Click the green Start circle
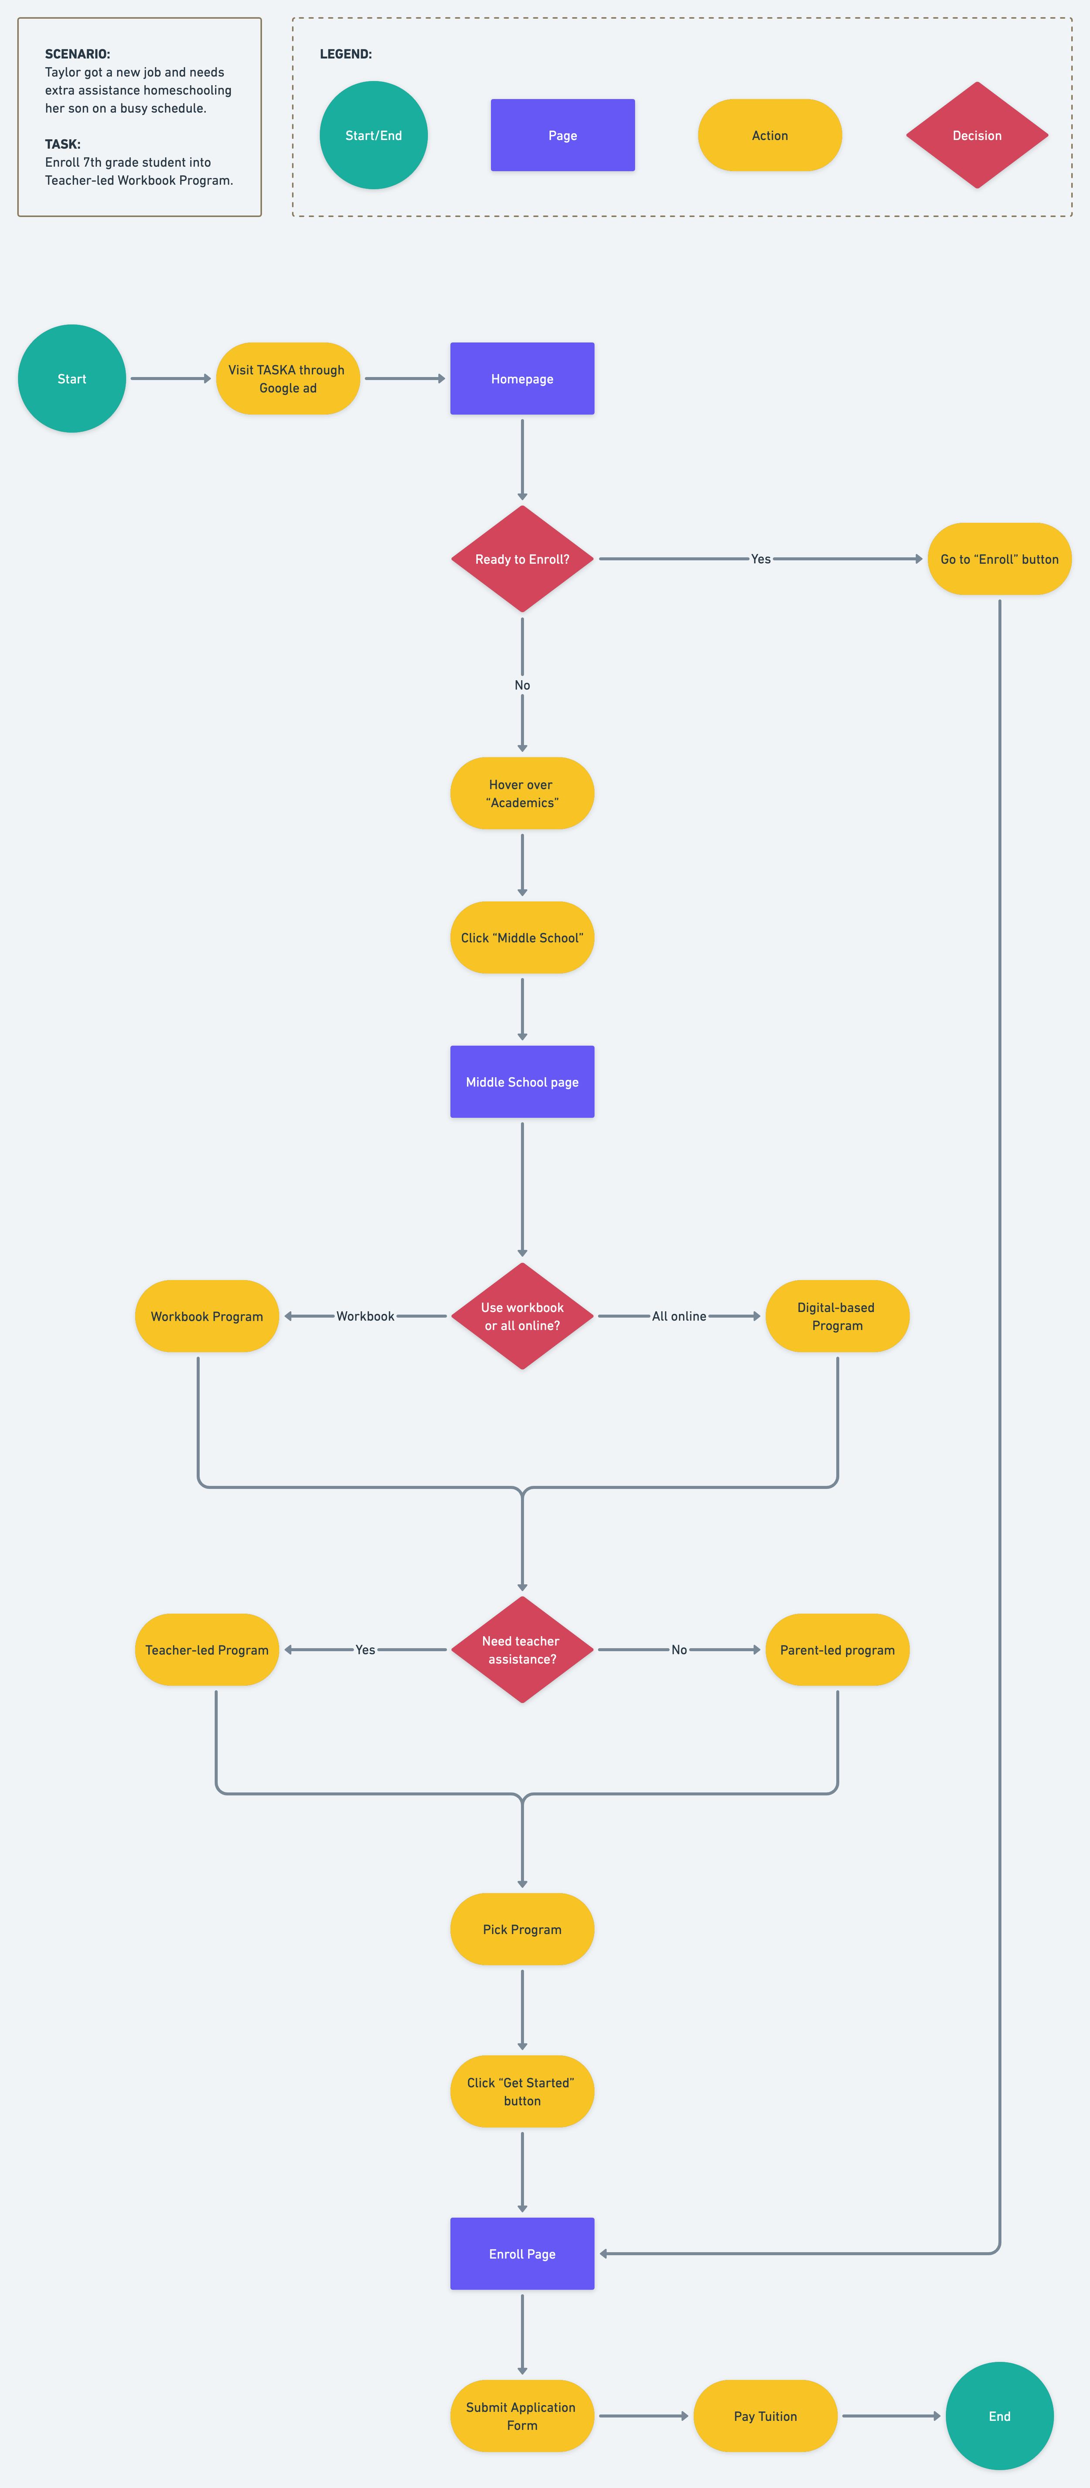click(x=72, y=379)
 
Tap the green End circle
click(x=999, y=2416)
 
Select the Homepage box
click(x=522, y=379)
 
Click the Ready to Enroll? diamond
click(x=522, y=559)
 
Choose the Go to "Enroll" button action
click(x=999, y=559)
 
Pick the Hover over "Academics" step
click(x=522, y=793)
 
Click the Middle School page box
click(x=522, y=1082)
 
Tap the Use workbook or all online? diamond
click(x=522, y=1316)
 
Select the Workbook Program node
click(x=207, y=1316)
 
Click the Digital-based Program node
click(x=837, y=1316)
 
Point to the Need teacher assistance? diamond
click(x=522, y=1650)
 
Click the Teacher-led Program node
click(x=207, y=1650)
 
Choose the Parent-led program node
click(x=837, y=1650)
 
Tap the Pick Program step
click(x=522, y=1929)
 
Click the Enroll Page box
click(x=522, y=2253)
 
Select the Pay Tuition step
click(x=766, y=2416)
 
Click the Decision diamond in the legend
click(x=977, y=135)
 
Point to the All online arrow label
click(x=679, y=1316)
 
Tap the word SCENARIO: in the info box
click(x=77, y=54)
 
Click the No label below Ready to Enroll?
click(x=522, y=685)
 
